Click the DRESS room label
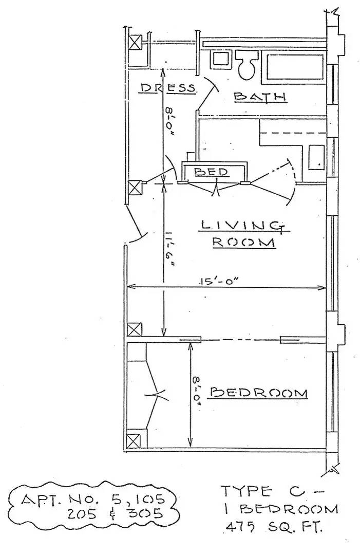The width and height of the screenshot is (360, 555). pos(168,88)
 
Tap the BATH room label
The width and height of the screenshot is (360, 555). pos(259,96)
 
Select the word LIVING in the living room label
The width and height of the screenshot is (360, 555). pos(242,225)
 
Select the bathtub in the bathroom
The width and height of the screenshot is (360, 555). pos(294,67)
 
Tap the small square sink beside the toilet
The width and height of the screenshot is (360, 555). pos(220,58)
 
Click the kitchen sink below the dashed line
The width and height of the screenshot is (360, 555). pos(316,157)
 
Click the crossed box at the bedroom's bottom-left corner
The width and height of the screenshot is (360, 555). pos(134,441)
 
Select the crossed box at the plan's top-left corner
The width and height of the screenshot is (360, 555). pos(135,42)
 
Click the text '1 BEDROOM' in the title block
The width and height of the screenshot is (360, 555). pos(280,509)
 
